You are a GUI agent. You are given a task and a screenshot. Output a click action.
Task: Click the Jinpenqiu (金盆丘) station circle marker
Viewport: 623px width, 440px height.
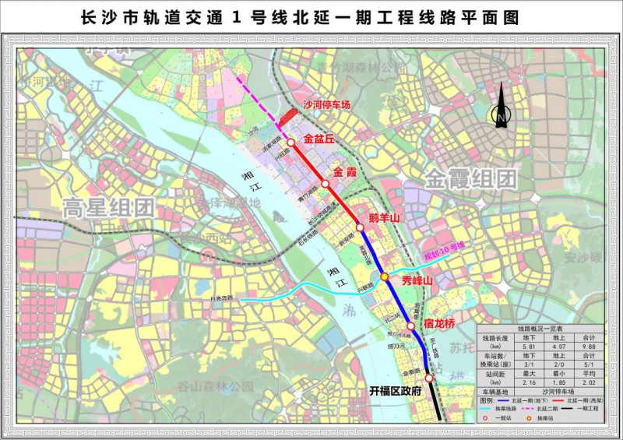tap(290, 143)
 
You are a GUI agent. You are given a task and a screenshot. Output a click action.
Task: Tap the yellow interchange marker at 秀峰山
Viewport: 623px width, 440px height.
tap(385, 277)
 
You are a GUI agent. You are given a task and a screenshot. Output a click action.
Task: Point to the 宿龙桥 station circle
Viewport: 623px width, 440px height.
tap(410, 326)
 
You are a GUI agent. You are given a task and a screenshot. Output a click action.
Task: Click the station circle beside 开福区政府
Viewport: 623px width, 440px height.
tap(429, 378)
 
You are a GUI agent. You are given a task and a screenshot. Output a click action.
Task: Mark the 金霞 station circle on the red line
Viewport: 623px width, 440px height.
tap(325, 185)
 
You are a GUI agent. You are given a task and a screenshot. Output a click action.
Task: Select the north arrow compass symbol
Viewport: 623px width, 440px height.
tap(502, 109)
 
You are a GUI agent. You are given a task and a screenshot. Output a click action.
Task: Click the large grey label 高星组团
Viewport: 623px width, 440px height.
tap(108, 207)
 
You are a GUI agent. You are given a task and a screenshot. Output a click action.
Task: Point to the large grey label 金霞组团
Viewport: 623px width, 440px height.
tap(470, 178)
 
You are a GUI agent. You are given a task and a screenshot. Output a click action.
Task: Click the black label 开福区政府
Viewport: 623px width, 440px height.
tap(395, 391)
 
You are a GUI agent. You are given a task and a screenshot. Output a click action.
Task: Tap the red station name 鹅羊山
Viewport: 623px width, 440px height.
tap(384, 219)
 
